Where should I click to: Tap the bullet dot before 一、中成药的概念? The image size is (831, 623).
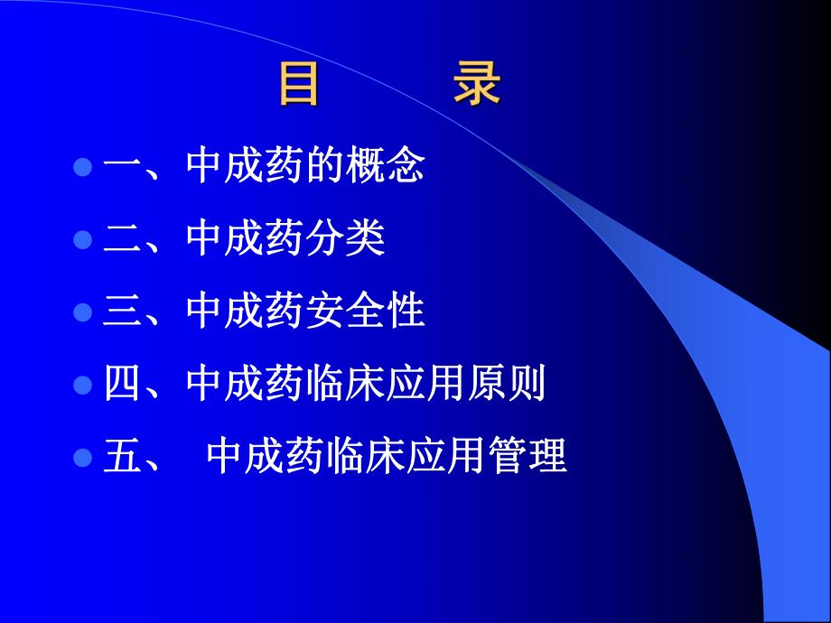(83, 167)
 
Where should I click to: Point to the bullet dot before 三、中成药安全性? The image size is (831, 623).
(83, 312)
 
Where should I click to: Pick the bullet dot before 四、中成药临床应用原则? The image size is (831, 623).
(83, 386)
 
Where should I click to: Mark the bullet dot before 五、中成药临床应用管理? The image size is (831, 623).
(83, 457)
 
